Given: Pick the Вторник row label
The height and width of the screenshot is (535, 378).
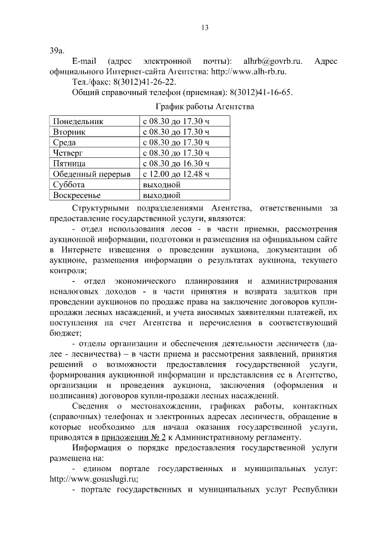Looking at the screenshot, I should pos(69,132).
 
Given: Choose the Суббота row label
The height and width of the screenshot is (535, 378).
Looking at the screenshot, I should pos(69,184).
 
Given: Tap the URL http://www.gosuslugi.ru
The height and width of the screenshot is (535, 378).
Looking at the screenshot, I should pos(95,479).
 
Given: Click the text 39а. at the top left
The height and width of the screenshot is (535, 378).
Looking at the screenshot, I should pos(57,50).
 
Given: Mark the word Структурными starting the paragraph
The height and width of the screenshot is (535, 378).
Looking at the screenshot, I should pos(102,208).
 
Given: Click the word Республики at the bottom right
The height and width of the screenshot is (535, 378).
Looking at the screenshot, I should pos(314,490).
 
